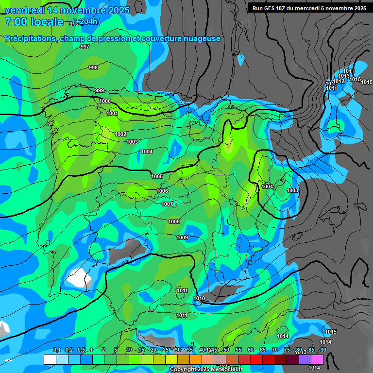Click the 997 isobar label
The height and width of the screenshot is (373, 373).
tap(85, 47)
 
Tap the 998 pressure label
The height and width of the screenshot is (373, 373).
tap(93, 68)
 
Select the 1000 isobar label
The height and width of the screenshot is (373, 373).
tap(105, 101)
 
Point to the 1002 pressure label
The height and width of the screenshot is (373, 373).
tap(121, 134)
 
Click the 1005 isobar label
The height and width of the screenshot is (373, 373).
tap(157, 176)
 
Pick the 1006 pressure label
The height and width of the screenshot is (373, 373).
tap(162, 191)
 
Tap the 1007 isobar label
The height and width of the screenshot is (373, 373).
tap(167, 204)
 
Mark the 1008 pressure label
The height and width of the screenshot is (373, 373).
tap(174, 221)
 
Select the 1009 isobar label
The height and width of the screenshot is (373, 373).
tap(182, 237)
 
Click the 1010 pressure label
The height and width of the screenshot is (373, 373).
tap(199, 298)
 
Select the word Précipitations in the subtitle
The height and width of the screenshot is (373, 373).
tap(29, 38)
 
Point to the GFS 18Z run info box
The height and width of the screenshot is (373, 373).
tap(309, 8)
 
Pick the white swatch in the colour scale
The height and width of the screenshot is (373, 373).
tap(50, 359)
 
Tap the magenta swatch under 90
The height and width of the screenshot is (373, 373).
tap(317, 359)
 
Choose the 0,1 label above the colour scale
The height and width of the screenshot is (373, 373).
tap(57, 350)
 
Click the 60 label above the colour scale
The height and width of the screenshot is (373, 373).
tap(251, 350)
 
